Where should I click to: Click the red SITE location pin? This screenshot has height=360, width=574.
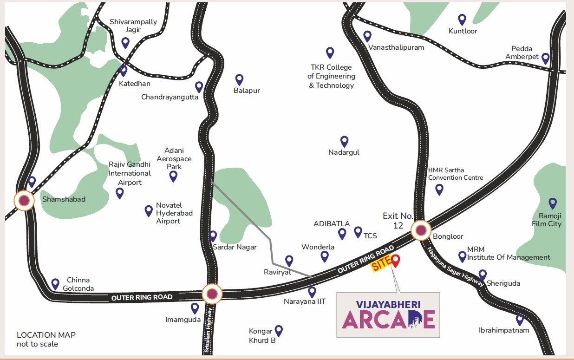395,261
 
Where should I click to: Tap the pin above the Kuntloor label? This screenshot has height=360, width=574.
462,19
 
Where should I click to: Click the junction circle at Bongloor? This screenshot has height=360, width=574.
421,230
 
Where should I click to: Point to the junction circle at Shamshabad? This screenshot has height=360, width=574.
24,201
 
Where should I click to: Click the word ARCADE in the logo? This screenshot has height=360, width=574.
388,320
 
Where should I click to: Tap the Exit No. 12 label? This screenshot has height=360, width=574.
398,220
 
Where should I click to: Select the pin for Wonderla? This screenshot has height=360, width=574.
325,256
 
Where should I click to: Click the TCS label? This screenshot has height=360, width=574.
370,236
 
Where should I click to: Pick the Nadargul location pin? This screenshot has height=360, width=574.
344,141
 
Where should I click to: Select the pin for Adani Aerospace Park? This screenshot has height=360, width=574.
173,176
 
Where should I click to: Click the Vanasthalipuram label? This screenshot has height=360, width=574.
396,47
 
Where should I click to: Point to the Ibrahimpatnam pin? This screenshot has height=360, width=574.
520,319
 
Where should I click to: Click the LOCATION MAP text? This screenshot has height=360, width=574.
46,335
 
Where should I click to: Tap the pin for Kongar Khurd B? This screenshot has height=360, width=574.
279,330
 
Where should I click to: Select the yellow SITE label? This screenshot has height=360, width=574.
381,266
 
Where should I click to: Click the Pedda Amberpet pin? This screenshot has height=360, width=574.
546,58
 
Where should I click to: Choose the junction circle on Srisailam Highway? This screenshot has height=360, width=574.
212,294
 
